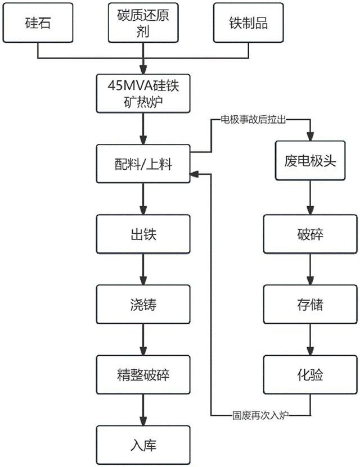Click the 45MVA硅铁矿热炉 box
click(143, 93)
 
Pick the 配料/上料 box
click(143, 164)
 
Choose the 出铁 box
click(143, 234)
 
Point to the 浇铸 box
click(143, 304)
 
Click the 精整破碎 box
click(143, 374)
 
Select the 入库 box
click(143, 445)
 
